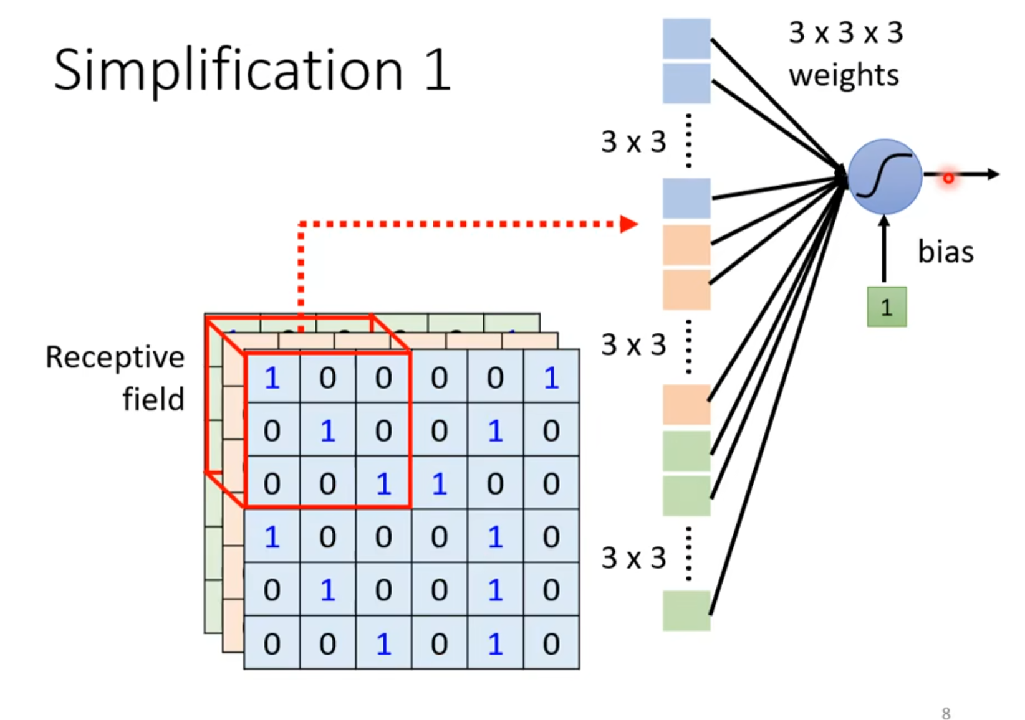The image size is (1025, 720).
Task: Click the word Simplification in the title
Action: [x=228, y=70]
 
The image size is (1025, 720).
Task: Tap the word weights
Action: [x=844, y=76]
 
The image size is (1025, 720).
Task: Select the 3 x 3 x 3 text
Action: [x=845, y=32]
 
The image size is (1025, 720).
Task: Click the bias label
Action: [x=945, y=252]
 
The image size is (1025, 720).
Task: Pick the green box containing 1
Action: [x=887, y=307]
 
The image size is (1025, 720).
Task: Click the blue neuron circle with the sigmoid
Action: [x=885, y=176]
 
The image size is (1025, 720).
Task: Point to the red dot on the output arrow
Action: [x=948, y=178]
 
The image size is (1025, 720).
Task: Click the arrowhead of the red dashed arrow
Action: [x=629, y=224]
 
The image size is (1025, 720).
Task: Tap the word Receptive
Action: [x=115, y=358]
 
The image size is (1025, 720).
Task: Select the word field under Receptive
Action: [x=153, y=399]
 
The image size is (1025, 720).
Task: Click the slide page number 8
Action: [x=946, y=713]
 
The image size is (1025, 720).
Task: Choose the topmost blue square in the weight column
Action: [x=686, y=39]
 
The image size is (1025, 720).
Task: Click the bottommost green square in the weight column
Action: [x=686, y=610]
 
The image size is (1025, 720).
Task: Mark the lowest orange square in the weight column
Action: [x=686, y=404]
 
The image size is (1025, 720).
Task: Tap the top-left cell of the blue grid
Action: [x=272, y=377]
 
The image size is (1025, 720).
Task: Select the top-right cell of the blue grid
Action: [x=551, y=377]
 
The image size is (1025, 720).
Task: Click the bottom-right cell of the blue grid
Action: [x=551, y=643]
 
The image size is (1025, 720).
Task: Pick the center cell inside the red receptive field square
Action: [x=328, y=430]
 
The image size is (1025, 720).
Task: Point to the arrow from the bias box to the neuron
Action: [x=884, y=249]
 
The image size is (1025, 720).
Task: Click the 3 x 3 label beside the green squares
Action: [x=633, y=558]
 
